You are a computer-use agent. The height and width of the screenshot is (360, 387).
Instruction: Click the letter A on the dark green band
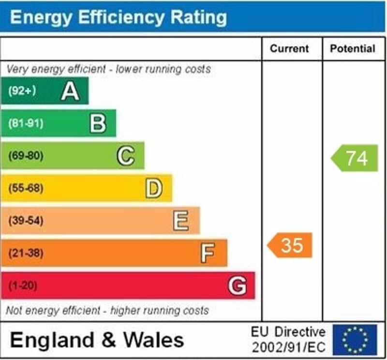70,91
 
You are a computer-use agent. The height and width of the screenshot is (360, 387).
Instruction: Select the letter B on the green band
98,123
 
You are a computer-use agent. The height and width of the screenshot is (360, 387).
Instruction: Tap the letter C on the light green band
126,156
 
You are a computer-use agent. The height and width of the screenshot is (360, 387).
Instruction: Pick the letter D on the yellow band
153,188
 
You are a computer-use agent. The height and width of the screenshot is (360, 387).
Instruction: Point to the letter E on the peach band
181,221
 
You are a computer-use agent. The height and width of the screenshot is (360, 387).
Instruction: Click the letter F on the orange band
208,253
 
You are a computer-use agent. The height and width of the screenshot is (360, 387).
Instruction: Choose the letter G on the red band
237,285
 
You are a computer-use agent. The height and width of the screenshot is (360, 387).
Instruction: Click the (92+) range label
22,91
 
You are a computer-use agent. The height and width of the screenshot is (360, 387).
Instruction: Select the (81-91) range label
26,123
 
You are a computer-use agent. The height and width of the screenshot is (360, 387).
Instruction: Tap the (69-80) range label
26,156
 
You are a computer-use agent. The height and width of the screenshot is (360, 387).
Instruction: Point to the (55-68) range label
26,188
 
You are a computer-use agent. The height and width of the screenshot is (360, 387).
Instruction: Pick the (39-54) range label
26,221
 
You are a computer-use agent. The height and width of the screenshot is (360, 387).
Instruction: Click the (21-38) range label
26,253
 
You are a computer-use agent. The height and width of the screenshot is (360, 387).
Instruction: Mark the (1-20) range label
23,285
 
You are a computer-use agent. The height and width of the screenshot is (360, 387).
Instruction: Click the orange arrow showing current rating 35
290,245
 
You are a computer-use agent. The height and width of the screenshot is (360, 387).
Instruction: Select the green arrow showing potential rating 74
355,158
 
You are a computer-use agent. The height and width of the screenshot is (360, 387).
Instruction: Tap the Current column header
289,49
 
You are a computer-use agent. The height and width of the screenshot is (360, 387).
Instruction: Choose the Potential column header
353,49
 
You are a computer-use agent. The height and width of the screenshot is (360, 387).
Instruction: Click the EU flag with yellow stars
355,339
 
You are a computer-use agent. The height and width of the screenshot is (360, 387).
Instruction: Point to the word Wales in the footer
154,340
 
